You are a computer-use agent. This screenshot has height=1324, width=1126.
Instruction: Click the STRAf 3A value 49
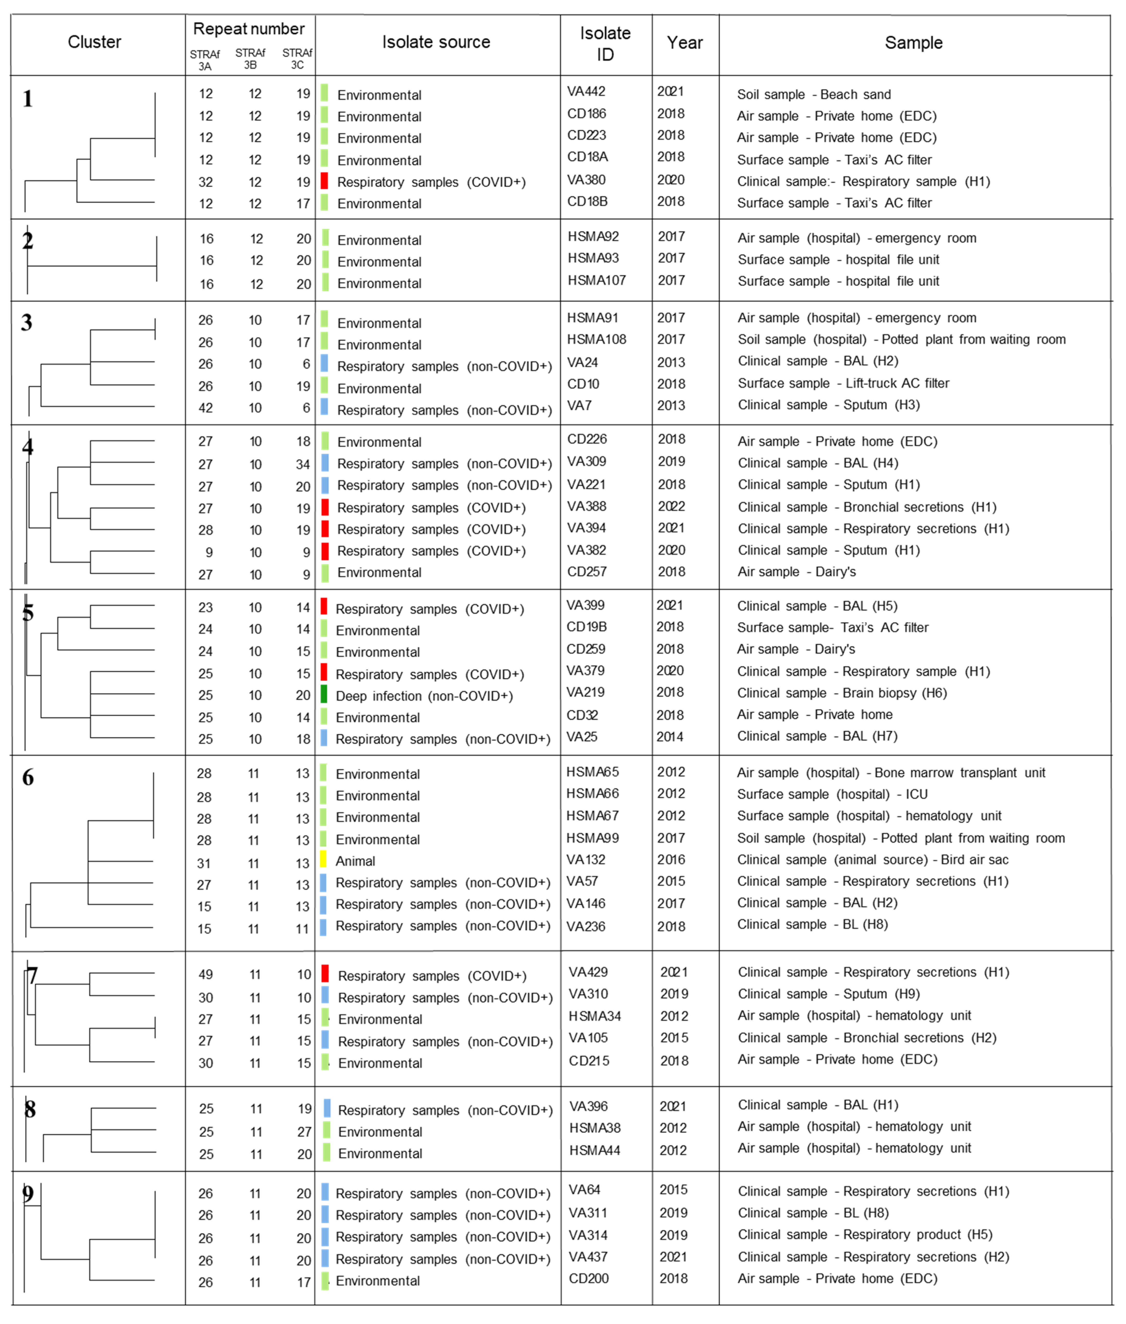(205, 974)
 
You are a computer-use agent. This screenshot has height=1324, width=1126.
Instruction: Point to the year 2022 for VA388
(672, 506)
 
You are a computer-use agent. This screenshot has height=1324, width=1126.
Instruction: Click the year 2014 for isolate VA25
(669, 737)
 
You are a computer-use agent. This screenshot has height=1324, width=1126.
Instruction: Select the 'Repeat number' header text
(249, 29)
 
